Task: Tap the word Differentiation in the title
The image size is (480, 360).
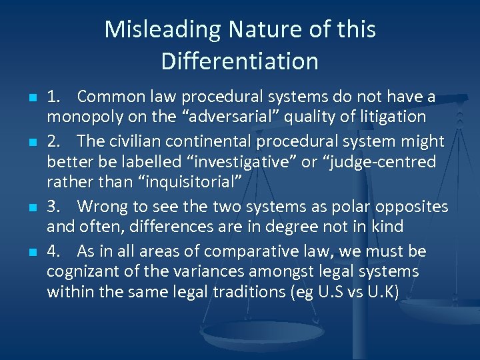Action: point(239,61)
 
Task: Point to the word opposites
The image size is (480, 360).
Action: point(407,206)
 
